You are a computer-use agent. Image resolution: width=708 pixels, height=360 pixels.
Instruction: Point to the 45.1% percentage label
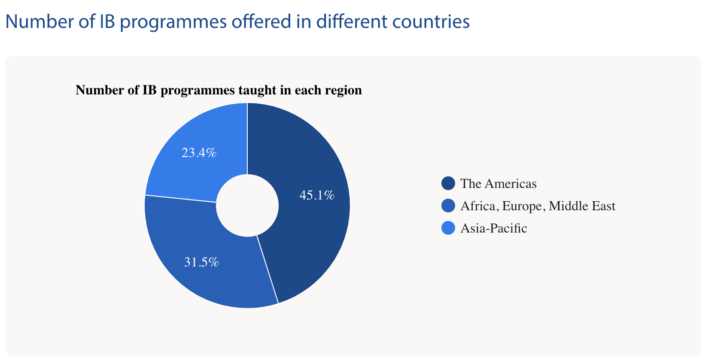pyautogui.click(x=317, y=195)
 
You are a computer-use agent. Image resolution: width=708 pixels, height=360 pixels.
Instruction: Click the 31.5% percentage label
pyautogui.click(x=201, y=262)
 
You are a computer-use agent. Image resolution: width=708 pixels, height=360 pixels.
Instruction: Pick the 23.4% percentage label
pyautogui.click(x=199, y=153)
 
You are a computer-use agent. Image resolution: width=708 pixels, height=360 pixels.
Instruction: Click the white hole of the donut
pyautogui.click(x=247, y=206)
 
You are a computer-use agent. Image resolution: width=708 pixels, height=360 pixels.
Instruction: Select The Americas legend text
pyautogui.click(x=498, y=184)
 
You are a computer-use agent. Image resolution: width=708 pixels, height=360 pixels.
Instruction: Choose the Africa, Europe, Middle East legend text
pyautogui.click(x=538, y=206)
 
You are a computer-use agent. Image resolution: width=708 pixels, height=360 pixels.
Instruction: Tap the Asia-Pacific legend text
pyautogui.click(x=494, y=228)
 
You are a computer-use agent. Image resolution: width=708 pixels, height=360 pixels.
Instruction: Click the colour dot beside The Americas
pyautogui.click(x=448, y=184)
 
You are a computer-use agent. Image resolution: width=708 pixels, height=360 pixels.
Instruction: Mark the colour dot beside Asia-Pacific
pyautogui.click(x=448, y=228)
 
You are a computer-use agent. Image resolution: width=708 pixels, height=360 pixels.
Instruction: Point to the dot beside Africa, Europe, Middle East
pyautogui.click(x=448, y=206)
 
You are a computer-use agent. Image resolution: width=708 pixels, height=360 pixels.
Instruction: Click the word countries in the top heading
pyautogui.click(x=431, y=21)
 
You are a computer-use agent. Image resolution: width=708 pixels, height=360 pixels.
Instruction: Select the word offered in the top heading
pyautogui.click(x=261, y=21)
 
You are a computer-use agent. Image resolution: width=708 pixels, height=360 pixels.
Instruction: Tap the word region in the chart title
pyautogui.click(x=344, y=91)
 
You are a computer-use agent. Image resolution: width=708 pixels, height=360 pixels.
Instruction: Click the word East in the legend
pyautogui.click(x=603, y=206)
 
